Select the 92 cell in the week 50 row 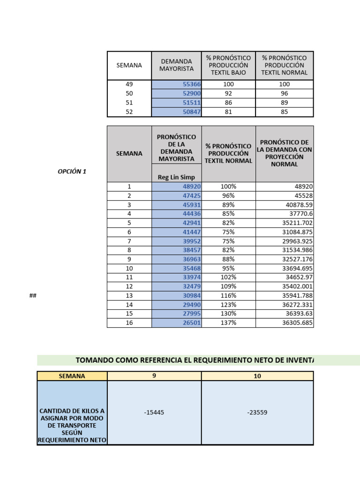click(x=228, y=93)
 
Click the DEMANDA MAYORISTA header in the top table click(x=176, y=65)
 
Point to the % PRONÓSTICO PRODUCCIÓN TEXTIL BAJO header click(x=228, y=65)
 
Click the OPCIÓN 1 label click(x=72, y=172)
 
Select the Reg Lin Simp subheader click(x=176, y=177)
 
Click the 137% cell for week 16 click(x=228, y=323)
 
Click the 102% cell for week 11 click(x=228, y=277)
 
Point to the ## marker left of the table click(x=33, y=296)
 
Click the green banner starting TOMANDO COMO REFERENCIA click(x=197, y=360)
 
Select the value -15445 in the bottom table click(x=154, y=412)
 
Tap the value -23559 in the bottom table click(x=257, y=412)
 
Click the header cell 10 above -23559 click(x=257, y=376)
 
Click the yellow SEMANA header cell click(x=72, y=376)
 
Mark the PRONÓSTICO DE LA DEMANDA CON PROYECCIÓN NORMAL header click(x=284, y=153)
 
